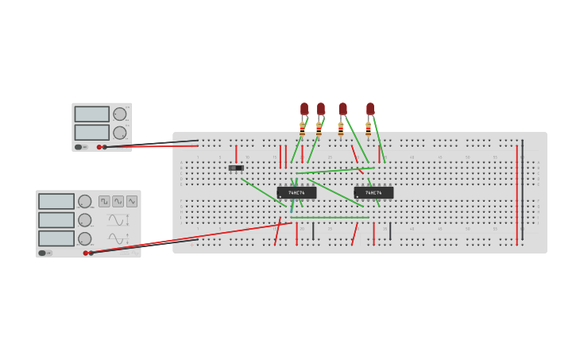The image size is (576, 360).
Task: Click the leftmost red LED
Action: tap(304, 109)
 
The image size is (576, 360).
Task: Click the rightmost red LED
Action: tap(370, 109)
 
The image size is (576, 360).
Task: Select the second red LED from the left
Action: tap(321, 109)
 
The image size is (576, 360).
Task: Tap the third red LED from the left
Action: tap(342, 109)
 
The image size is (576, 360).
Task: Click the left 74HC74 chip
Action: tap(296, 192)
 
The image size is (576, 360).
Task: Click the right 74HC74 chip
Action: tap(373, 192)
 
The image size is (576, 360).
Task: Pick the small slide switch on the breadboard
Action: tap(236, 168)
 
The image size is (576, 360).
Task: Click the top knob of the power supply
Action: tap(119, 114)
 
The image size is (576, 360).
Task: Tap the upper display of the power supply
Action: tap(91, 114)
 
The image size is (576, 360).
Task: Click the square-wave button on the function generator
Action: tap(104, 201)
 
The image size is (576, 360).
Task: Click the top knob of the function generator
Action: tap(84, 201)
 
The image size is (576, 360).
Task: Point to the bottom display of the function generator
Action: tap(56, 238)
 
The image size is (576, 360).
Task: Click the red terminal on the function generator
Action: tap(86, 253)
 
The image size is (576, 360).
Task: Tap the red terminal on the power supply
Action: tap(99, 146)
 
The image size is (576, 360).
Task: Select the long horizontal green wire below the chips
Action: tap(329, 217)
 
